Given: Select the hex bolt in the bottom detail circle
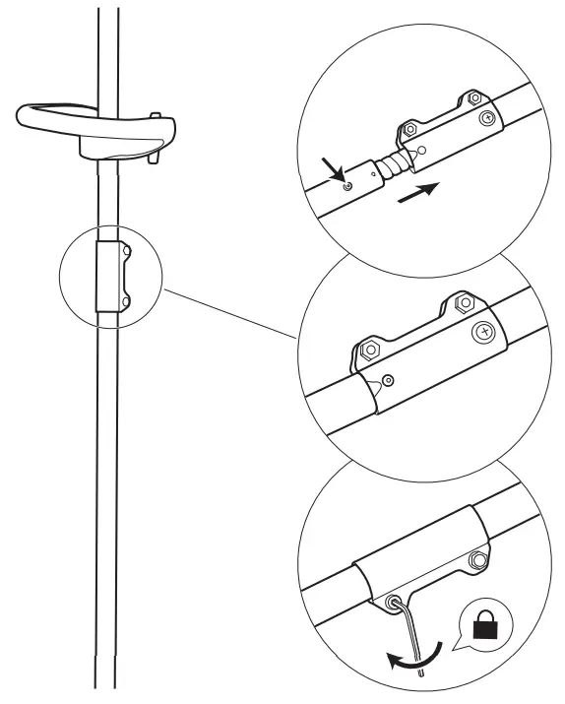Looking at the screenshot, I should click(x=478, y=561).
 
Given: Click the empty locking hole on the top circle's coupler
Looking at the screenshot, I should click(x=420, y=153).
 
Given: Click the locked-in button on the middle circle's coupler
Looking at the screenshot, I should click(x=390, y=380).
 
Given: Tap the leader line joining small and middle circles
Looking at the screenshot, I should click(x=232, y=313).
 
